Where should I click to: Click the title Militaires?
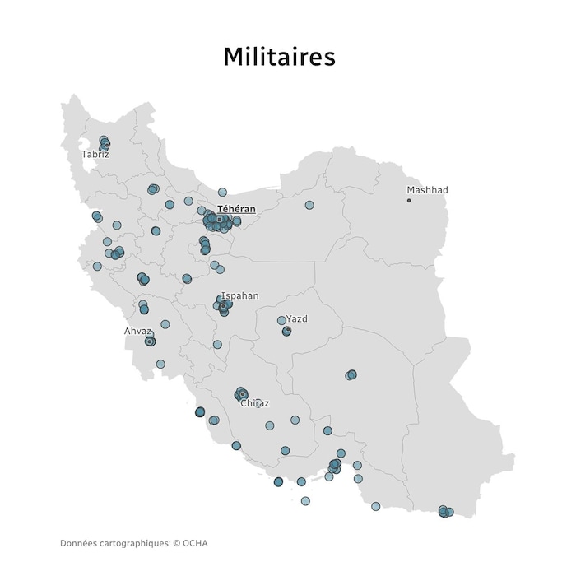coord(280,57)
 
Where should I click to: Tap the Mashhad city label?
coord(428,190)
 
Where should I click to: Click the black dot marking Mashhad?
coord(409,200)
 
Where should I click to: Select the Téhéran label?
coord(236,210)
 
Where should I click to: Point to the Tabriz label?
coord(95,155)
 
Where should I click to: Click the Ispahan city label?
coord(239,295)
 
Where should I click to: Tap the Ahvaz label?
coord(138,332)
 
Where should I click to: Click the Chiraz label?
coord(255,403)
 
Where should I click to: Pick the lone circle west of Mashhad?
coord(309,205)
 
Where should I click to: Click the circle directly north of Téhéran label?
coord(222,192)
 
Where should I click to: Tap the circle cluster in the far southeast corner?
coord(445,512)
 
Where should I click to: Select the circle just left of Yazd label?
coord(281,320)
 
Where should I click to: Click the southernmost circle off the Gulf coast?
coord(305,500)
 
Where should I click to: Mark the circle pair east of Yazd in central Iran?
coord(351,375)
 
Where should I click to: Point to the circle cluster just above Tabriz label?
coord(105,143)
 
